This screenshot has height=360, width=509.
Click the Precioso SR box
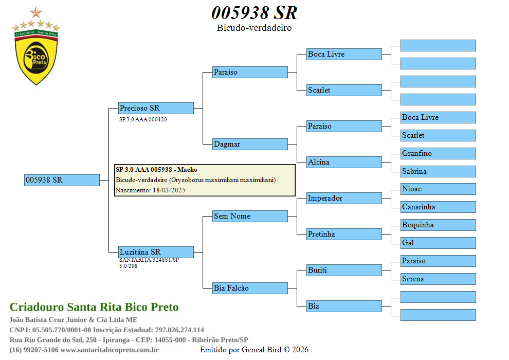point(156,108)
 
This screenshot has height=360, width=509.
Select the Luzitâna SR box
point(156,252)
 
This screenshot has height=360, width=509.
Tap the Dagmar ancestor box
point(250,144)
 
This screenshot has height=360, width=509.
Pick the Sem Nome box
point(250,216)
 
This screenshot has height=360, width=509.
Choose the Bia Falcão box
point(250,288)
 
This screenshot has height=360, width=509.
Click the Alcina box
point(344,162)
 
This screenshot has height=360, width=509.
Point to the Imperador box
point(344,198)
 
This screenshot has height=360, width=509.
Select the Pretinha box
point(344,234)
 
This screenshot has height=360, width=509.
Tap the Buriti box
point(344,270)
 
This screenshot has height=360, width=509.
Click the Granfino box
point(438,153)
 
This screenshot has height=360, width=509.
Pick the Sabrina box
point(438,171)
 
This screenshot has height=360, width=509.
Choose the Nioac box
point(438,189)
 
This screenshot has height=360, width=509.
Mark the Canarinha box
point(438,207)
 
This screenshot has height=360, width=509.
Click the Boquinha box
point(438,225)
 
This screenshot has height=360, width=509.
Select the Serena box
point(438,279)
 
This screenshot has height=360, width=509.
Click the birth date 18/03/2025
point(169,190)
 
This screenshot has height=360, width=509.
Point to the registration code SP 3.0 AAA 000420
point(143,119)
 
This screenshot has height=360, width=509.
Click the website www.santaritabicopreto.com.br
point(110,350)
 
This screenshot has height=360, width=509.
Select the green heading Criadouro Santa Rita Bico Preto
point(94,308)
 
